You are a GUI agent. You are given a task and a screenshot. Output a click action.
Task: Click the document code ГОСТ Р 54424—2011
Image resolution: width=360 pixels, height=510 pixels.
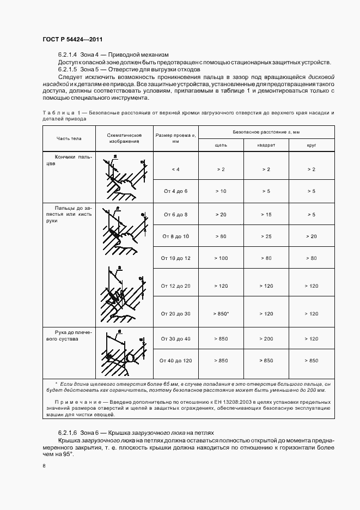[72, 39]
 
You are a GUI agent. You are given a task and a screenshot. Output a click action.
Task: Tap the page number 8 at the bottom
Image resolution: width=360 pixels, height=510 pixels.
[44, 466]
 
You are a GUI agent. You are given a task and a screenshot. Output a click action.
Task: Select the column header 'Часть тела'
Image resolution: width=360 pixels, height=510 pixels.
[69, 138]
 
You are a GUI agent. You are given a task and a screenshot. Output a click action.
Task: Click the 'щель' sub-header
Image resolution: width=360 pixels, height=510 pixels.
[221, 145]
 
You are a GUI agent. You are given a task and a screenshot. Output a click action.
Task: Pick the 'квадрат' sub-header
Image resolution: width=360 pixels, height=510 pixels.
[266, 145]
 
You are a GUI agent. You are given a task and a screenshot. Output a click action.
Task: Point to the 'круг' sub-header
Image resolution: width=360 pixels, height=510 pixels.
[311, 145]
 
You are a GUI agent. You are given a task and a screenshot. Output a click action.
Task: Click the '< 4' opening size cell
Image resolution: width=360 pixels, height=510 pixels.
[175, 169]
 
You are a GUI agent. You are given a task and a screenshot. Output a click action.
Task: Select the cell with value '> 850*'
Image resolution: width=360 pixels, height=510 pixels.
[221, 314]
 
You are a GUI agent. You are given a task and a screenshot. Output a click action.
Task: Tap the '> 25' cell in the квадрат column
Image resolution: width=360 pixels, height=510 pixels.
[266, 236]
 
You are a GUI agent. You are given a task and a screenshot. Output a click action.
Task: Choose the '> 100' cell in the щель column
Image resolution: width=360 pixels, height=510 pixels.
[221, 257]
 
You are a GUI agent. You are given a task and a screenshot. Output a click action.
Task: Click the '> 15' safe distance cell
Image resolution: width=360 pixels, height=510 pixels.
[266, 215]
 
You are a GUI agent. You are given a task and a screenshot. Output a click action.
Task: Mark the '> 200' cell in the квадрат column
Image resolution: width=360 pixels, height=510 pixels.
[266, 339]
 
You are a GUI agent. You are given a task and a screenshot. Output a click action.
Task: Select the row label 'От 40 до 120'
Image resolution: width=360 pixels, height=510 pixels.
[175, 360]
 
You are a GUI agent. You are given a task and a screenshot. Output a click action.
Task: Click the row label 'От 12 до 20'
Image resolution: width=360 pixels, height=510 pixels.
[175, 286]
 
